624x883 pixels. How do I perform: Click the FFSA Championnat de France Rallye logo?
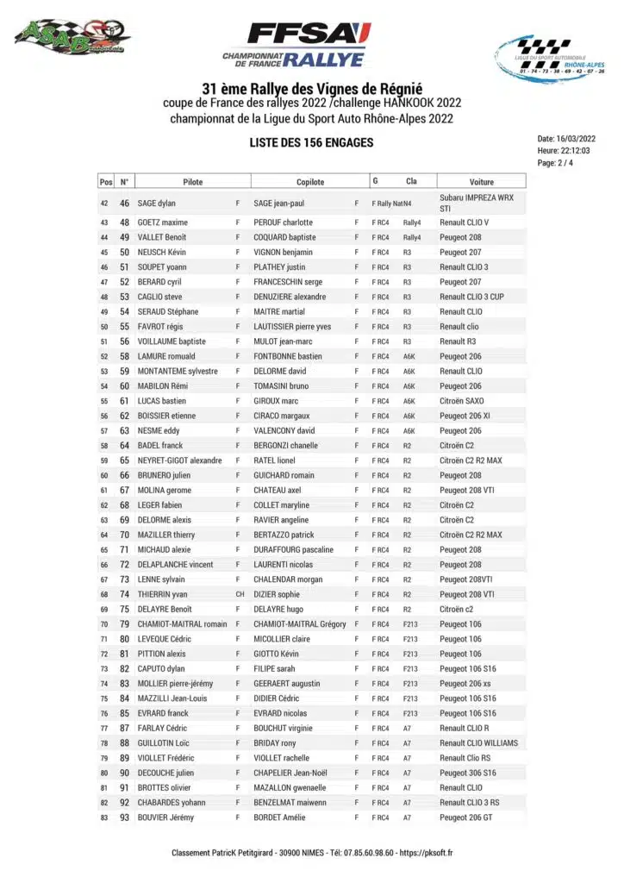[296, 45]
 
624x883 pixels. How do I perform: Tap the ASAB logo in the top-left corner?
[72, 37]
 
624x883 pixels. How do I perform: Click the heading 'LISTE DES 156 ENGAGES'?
[311, 142]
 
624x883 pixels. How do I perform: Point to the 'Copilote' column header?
[310, 182]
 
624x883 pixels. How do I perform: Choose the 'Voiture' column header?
[482, 182]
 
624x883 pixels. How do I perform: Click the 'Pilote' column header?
[193, 182]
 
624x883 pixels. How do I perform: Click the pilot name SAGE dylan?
[157, 204]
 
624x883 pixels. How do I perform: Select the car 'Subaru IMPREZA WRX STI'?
[476, 204]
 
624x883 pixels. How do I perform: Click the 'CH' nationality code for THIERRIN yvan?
[240, 594]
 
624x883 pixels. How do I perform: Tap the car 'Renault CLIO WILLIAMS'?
[478, 742]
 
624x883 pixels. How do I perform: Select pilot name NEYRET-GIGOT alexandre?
[179, 460]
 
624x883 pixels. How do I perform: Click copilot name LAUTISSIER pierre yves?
[292, 327]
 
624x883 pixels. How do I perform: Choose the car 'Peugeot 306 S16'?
[467, 773]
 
